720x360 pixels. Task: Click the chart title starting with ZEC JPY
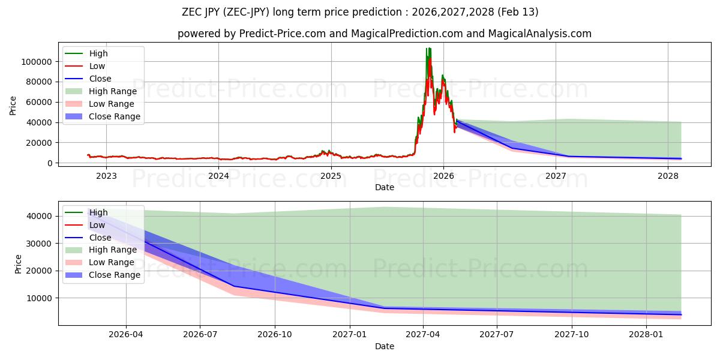(x=360, y=12)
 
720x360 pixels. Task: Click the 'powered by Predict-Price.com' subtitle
(x=384, y=34)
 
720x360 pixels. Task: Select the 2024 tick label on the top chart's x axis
(x=218, y=176)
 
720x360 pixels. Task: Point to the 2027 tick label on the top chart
(x=556, y=176)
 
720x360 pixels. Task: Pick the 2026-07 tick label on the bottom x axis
(x=200, y=335)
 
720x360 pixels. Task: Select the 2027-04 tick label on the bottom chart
(x=423, y=335)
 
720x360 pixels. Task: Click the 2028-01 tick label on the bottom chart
(x=647, y=335)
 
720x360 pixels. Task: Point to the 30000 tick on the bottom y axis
(x=39, y=244)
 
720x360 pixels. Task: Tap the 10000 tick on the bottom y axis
(x=39, y=298)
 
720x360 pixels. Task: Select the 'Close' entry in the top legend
(x=100, y=79)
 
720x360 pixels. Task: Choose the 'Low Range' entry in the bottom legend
(x=112, y=262)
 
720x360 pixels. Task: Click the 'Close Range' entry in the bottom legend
(x=115, y=275)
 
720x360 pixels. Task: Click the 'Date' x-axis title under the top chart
(x=385, y=187)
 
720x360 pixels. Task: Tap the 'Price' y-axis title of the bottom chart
(x=18, y=263)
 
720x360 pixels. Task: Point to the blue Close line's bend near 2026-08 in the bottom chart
(x=234, y=286)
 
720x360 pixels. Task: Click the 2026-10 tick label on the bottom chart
(x=274, y=335)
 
